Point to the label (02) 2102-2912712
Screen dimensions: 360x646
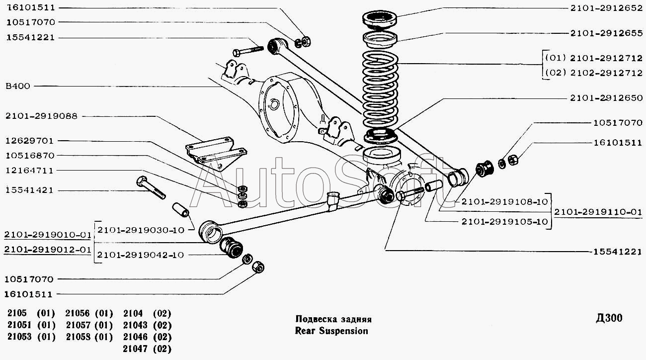point(594,73)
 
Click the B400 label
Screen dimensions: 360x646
point(18,86)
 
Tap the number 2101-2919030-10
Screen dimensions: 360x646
point(141,230)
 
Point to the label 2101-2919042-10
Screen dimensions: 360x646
point(141,255)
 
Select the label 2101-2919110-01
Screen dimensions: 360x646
point(598,212)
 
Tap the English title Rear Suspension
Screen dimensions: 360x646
point(331,331)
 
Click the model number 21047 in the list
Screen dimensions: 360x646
point(133,349)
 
